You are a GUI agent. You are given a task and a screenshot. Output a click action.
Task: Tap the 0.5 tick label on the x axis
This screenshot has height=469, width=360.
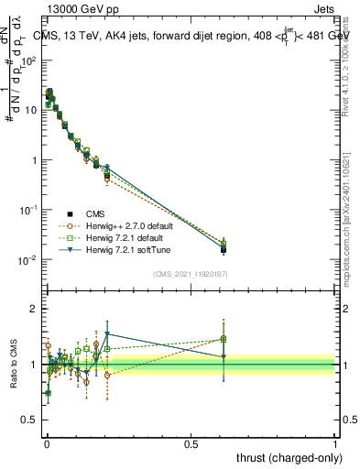[x=191, y=442]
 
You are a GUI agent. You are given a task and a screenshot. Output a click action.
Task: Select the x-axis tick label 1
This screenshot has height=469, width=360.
[x=335, y=442]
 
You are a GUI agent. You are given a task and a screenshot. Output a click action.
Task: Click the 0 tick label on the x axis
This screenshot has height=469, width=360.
[x=47, y=442]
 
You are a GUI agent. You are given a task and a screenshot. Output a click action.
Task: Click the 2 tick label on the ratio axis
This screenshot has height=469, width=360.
[x=34, y=309]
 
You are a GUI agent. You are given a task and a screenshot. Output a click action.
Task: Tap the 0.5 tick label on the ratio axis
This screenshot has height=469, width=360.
[x=30, y=421]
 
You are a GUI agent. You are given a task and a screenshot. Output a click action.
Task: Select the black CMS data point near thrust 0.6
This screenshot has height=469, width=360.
[x=223, y=248]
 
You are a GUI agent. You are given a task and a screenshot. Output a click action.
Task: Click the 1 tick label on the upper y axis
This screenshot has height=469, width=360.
[x=35, y=160]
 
